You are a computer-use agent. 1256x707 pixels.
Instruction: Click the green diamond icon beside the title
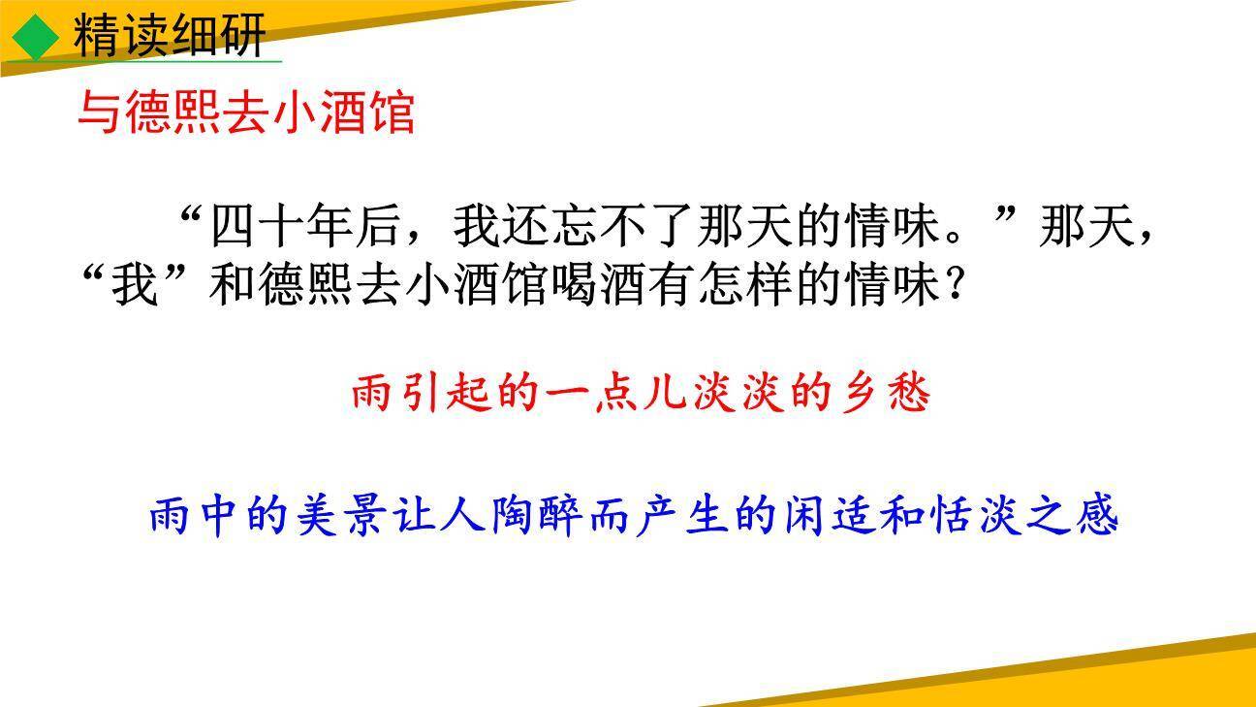click(37, 37)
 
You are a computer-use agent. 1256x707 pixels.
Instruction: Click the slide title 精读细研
click(169, 37)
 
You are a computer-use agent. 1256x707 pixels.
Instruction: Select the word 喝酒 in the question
click(620, 288)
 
